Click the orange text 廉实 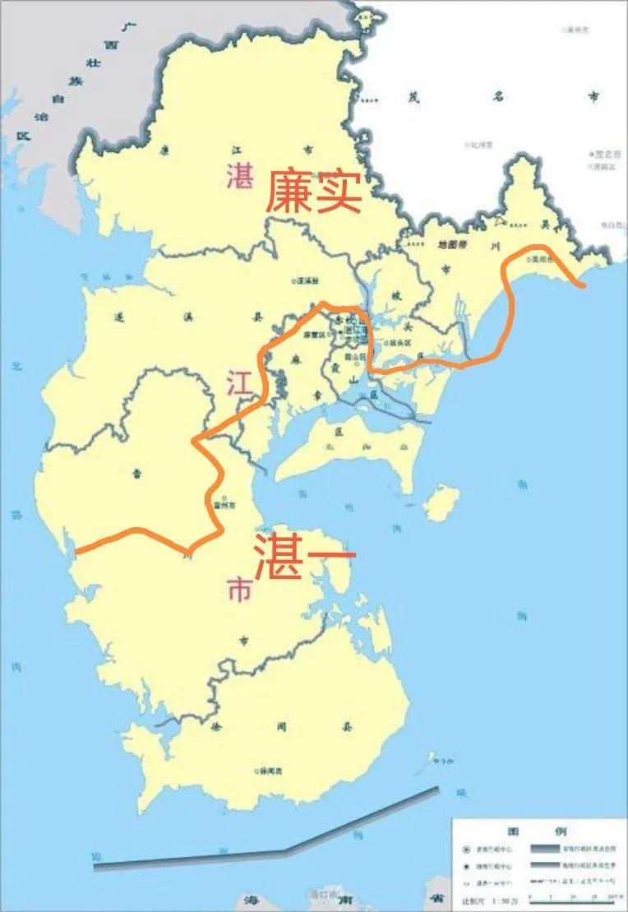(312, 192)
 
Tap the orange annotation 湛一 (304, 555)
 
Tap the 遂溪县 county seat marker (294, 281)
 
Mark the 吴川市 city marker (530, 259)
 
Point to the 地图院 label (452, 244)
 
